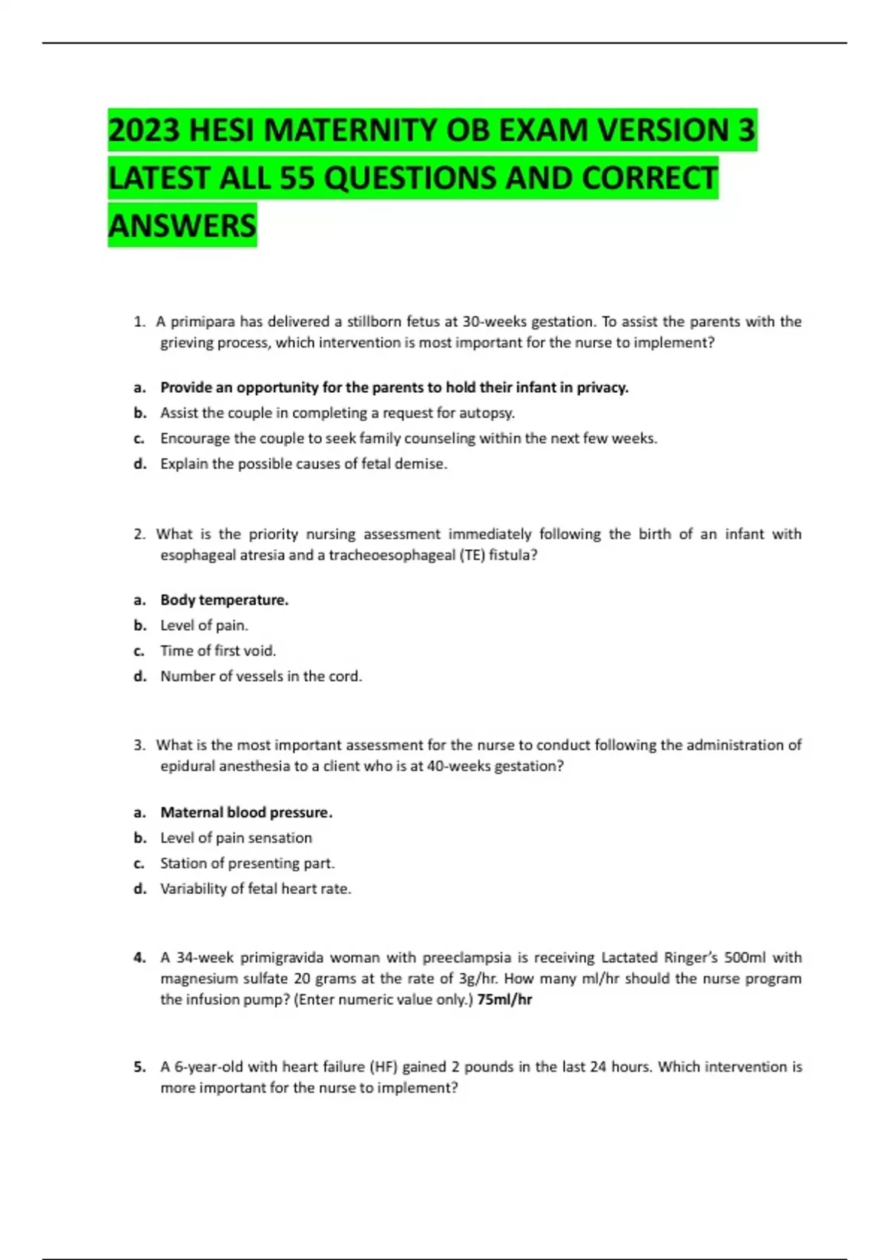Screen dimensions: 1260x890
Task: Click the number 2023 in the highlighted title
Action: point(145,130)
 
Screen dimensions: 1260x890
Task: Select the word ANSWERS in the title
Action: point(182,225)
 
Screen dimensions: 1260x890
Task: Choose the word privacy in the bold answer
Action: point(601,388)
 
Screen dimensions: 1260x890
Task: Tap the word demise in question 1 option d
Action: point(424,464)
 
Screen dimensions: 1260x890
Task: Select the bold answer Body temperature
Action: point(224,600)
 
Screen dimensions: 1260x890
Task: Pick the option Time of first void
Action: point(217,651)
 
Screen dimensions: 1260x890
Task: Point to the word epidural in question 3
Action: point(187,766)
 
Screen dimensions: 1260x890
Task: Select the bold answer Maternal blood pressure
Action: point(246,812)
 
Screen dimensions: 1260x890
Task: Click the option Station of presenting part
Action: point(247,863)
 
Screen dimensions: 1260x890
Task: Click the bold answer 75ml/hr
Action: point(505,1000)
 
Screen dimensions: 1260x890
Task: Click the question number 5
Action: point(139,1067)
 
